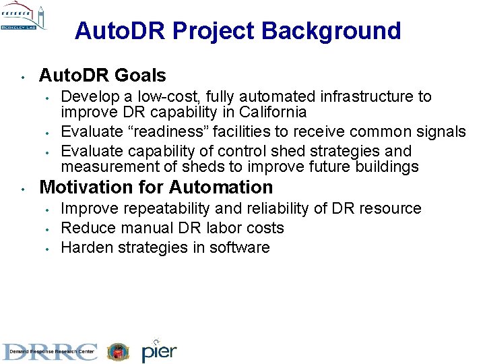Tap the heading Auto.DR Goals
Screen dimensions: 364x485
tap(102, 75)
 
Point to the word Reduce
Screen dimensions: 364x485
tap(84, 228)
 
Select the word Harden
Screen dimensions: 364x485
tap(86, 247)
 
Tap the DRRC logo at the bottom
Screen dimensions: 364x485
tap(50, 351)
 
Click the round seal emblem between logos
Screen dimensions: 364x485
tap(118, 351)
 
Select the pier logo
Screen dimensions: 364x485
tap(159, 351)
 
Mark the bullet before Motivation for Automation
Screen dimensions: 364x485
tap(23, 188)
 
